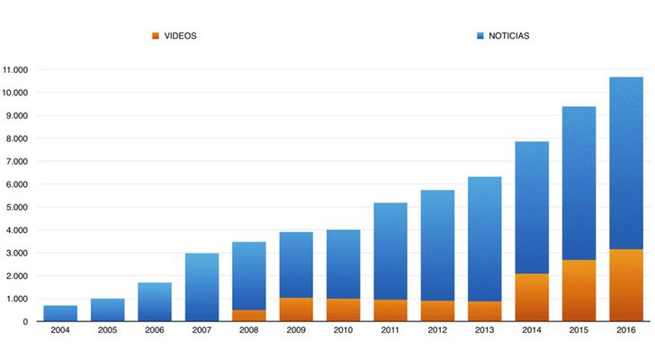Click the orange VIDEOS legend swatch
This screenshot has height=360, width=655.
(156, 36)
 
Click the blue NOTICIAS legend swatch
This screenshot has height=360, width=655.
(480, 36)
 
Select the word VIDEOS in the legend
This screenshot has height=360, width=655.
(180, 36)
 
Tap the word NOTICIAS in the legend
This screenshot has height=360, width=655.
(508, 36)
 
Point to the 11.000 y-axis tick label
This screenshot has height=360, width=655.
(15, 69)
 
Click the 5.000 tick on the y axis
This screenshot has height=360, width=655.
(18, 207)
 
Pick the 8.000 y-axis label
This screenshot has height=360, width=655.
(18, 139)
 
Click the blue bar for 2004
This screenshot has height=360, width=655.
(60, 313)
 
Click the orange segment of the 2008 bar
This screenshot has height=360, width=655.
(248, 316)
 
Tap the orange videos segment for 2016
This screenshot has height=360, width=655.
(625, 285)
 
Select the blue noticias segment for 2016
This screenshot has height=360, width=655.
(625, 163)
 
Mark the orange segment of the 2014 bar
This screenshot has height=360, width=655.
(531, 298)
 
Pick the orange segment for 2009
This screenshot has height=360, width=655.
(296, 310)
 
